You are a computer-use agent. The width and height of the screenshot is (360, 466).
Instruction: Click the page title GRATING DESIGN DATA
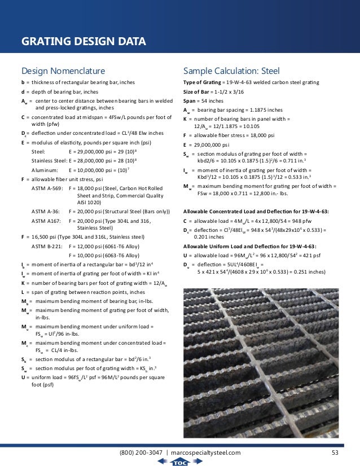[84, 42]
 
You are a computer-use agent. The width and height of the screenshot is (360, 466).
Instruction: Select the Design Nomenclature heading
[63, 71]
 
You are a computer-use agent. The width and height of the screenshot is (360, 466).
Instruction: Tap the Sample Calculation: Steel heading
[231, 71]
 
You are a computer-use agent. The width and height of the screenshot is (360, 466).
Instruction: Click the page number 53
[335, 452]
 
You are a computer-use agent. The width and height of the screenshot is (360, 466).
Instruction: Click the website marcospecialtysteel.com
[206, 452]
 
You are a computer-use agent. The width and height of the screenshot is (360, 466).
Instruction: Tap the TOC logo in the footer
[179, 461]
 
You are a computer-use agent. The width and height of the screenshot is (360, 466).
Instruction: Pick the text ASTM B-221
[46, 247]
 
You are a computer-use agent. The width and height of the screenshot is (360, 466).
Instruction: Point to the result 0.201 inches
[208, 238]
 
